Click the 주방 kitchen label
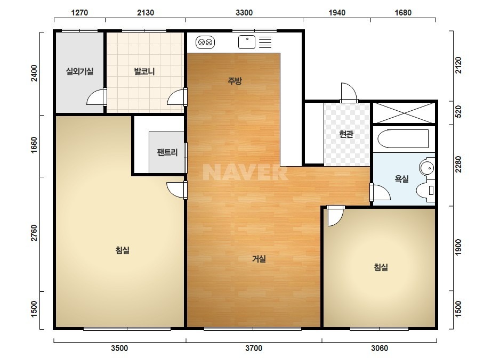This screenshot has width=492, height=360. click(x=235, y=81)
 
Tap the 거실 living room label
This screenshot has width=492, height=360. click(x=259, y=259)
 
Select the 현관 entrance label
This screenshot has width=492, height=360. click(x=346, y=134)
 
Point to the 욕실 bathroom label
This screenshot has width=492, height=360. click(x=401, y=179)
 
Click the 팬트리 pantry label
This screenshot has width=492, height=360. click(x=167, y=152)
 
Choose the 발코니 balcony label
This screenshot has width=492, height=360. click(x=144, y=71)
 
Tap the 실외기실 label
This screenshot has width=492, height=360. click(x=80, y=71)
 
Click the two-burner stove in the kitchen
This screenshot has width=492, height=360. click(x=205, y=42)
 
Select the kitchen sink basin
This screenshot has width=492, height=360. click(x=247, y=42)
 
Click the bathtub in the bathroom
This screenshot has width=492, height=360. click(x=403, y=139)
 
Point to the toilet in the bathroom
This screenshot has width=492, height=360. click(x=425, y=190)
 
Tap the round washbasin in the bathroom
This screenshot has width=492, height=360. click(x=427, y=168)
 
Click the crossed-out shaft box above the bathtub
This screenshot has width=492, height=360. click(x=404, y=113)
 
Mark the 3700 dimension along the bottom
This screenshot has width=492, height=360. click(x=254, y=348)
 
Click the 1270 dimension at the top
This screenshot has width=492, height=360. click(x=79, y=13)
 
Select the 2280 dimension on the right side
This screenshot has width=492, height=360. click(x=458, y=164)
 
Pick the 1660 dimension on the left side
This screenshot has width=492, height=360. click(x=34, y=145)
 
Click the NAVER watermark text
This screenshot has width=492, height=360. click(x=245, y=173)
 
